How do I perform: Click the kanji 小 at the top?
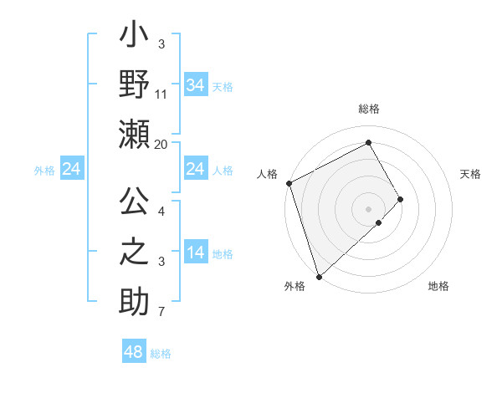click(134, 38)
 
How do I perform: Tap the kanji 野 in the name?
click(134, 86)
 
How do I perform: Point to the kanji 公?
click(134, 203)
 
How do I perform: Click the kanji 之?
click(134, 253)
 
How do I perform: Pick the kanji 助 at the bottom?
click(134, 302)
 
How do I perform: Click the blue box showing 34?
click(195, 85)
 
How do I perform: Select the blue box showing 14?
click(195, 253)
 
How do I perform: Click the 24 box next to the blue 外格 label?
click(71, 170)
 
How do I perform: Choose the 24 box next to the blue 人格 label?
click(195, 170)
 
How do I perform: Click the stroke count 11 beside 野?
click(161, 94)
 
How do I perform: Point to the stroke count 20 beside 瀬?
click(161, 144)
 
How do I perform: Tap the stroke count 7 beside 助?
click(161, 312)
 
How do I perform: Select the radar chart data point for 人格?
click(289, 183)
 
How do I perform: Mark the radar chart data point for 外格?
click(319, 275)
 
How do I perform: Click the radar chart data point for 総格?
click(369, 142)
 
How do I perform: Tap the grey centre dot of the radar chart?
click(369, 208)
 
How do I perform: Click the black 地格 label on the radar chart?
click(438, 287)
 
